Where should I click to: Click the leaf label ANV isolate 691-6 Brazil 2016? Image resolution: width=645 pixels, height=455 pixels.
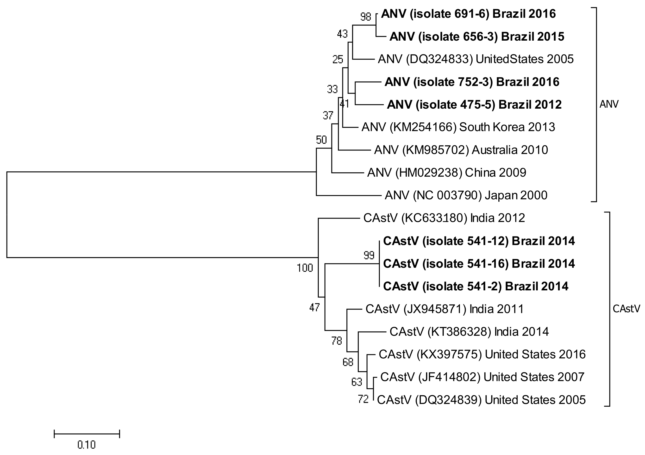[468, 14]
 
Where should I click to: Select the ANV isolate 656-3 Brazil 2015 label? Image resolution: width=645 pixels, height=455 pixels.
[477, 37]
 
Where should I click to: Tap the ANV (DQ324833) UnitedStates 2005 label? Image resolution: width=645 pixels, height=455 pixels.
[476, 59]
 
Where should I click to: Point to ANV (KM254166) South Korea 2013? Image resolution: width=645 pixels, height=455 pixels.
[458, 127]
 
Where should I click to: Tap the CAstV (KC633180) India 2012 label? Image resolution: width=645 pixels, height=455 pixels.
[444, 218]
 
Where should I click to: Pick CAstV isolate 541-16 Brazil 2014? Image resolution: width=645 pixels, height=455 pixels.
[479, 264]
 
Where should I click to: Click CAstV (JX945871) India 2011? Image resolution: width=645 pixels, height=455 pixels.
[445, 309]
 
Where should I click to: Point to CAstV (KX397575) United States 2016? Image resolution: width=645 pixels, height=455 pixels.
[482, 355]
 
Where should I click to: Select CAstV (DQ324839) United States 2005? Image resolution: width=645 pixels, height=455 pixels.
[481, 400]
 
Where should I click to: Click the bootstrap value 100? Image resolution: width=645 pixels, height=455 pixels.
[305, 268]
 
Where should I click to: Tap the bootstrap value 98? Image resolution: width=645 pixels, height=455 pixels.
[366, 17]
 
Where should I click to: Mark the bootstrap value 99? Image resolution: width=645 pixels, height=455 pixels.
[369, 255]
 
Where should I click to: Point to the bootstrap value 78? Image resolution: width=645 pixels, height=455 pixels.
[337, 341]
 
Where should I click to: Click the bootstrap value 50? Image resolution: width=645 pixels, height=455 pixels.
[321, 140]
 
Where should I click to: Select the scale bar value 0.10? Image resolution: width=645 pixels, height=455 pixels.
[87, 445]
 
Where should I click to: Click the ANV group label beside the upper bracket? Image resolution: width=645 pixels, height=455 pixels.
[609, 105]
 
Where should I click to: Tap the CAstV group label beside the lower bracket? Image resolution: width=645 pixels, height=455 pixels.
[626, 309]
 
